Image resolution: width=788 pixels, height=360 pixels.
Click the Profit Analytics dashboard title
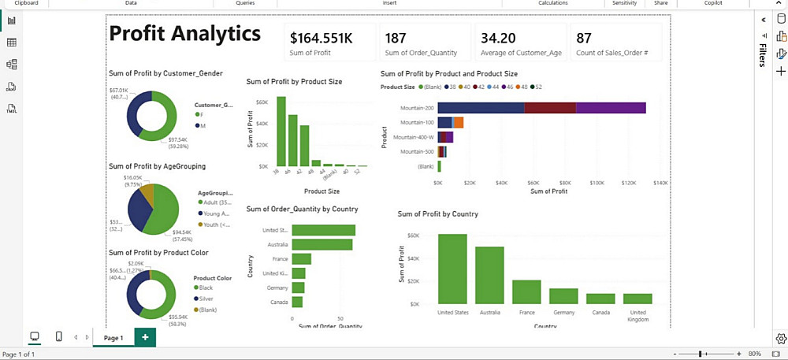(x=185, y=34)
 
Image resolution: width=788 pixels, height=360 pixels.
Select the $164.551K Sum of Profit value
(x=321, y=38)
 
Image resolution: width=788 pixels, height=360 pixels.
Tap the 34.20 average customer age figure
(x=498, y=38)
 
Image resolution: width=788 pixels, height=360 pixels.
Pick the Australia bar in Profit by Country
(x=489, y=275)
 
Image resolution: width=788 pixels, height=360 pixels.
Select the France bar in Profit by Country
(x=526, y=291)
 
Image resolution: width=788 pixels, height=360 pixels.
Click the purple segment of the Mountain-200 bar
(x=611, y=108)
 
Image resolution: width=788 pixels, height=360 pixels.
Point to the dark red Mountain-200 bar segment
(x=549, y=108)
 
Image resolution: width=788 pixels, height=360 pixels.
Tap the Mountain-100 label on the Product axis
(x=417, y=122)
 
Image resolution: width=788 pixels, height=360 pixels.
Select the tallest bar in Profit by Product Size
(x=281, y=132)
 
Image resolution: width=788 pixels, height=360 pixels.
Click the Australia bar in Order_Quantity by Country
(x=322, y=244)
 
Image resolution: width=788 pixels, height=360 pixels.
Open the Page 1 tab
(x=113, y=337)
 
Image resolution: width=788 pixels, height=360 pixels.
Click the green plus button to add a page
(x=145, y=337)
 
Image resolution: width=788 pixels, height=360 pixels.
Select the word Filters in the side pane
(x=762, y=55)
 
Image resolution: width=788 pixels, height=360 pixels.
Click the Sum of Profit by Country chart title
(x=438, y=213)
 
